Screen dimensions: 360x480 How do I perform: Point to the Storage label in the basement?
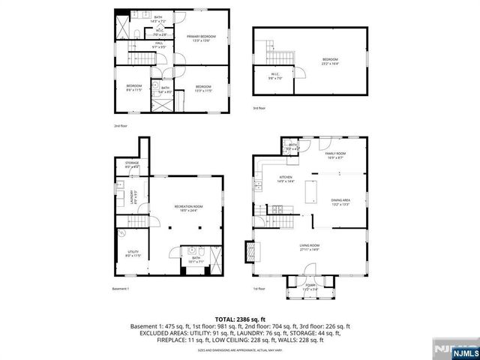(132, 164)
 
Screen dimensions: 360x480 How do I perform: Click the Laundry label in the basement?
(133, 196)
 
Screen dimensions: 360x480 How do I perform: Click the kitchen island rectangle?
(310, 191)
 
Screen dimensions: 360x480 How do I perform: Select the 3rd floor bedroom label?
(331, 61)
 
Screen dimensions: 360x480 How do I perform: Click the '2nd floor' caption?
(120, 126)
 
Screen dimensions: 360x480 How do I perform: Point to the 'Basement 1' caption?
(121, 289)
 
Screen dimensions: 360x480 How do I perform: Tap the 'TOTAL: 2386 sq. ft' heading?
(240, 319)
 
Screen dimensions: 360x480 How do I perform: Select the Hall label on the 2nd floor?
(159, 44)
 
